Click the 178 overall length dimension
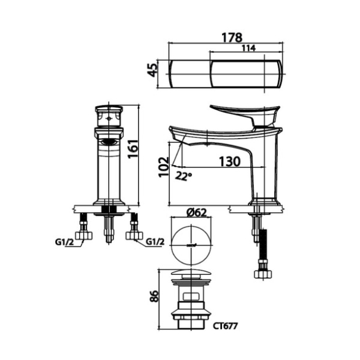232,37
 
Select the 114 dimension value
248,48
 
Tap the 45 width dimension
152,70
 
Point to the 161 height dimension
133,148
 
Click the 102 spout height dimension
164,167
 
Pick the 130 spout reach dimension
229,161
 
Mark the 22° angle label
183,176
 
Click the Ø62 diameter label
196,213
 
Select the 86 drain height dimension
154,296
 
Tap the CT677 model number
225,326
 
